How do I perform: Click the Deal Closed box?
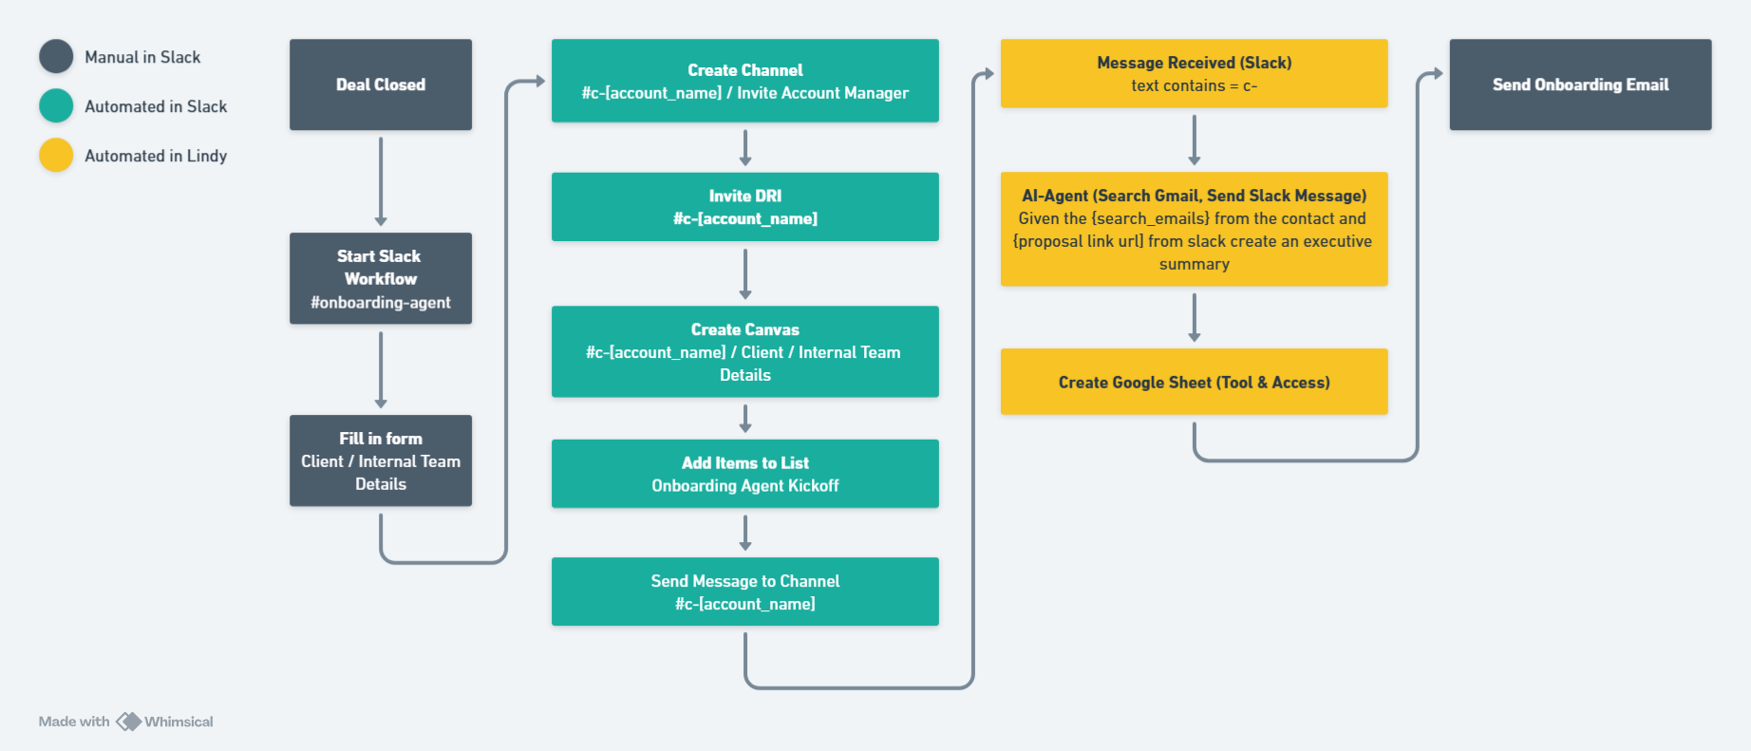381,84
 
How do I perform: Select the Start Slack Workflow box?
381,278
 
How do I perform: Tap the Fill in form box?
381,460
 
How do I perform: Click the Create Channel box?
745,81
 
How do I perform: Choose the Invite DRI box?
745,207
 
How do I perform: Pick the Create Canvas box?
745,351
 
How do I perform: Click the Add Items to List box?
745,474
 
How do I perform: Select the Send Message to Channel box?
745,591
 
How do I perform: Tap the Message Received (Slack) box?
1195,73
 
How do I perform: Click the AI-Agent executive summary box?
1195,229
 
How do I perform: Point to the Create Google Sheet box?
1195,382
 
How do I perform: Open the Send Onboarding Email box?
1581,84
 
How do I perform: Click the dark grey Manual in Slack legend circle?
56,57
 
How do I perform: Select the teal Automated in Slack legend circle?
56,106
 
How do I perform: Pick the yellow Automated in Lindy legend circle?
56,156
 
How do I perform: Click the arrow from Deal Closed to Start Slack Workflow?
381,181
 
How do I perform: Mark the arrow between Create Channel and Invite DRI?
745,148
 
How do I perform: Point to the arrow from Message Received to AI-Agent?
1195,141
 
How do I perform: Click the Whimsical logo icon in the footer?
129,722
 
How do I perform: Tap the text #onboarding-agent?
381,303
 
